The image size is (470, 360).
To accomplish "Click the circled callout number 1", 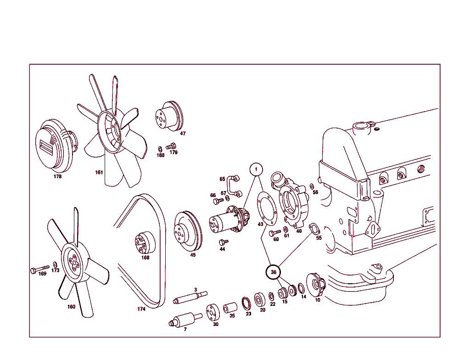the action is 256,169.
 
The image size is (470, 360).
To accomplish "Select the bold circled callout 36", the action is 274,272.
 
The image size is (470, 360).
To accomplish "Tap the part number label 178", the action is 57,176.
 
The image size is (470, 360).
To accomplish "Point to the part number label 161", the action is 99,172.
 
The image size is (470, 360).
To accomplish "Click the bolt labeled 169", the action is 40,269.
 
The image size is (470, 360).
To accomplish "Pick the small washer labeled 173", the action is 55,264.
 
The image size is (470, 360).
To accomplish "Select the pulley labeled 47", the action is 169,116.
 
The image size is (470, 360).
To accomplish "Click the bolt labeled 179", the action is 171,146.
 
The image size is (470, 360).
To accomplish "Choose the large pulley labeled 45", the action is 188,231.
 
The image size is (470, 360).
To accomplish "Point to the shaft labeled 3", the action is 190,297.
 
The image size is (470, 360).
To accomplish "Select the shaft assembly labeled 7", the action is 185,320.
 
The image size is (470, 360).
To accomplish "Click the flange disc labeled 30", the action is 213,312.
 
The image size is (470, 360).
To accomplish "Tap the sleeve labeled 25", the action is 230,308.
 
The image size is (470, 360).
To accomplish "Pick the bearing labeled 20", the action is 260,300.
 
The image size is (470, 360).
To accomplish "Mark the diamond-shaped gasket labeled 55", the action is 314,229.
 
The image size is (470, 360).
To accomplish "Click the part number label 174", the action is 141,309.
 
